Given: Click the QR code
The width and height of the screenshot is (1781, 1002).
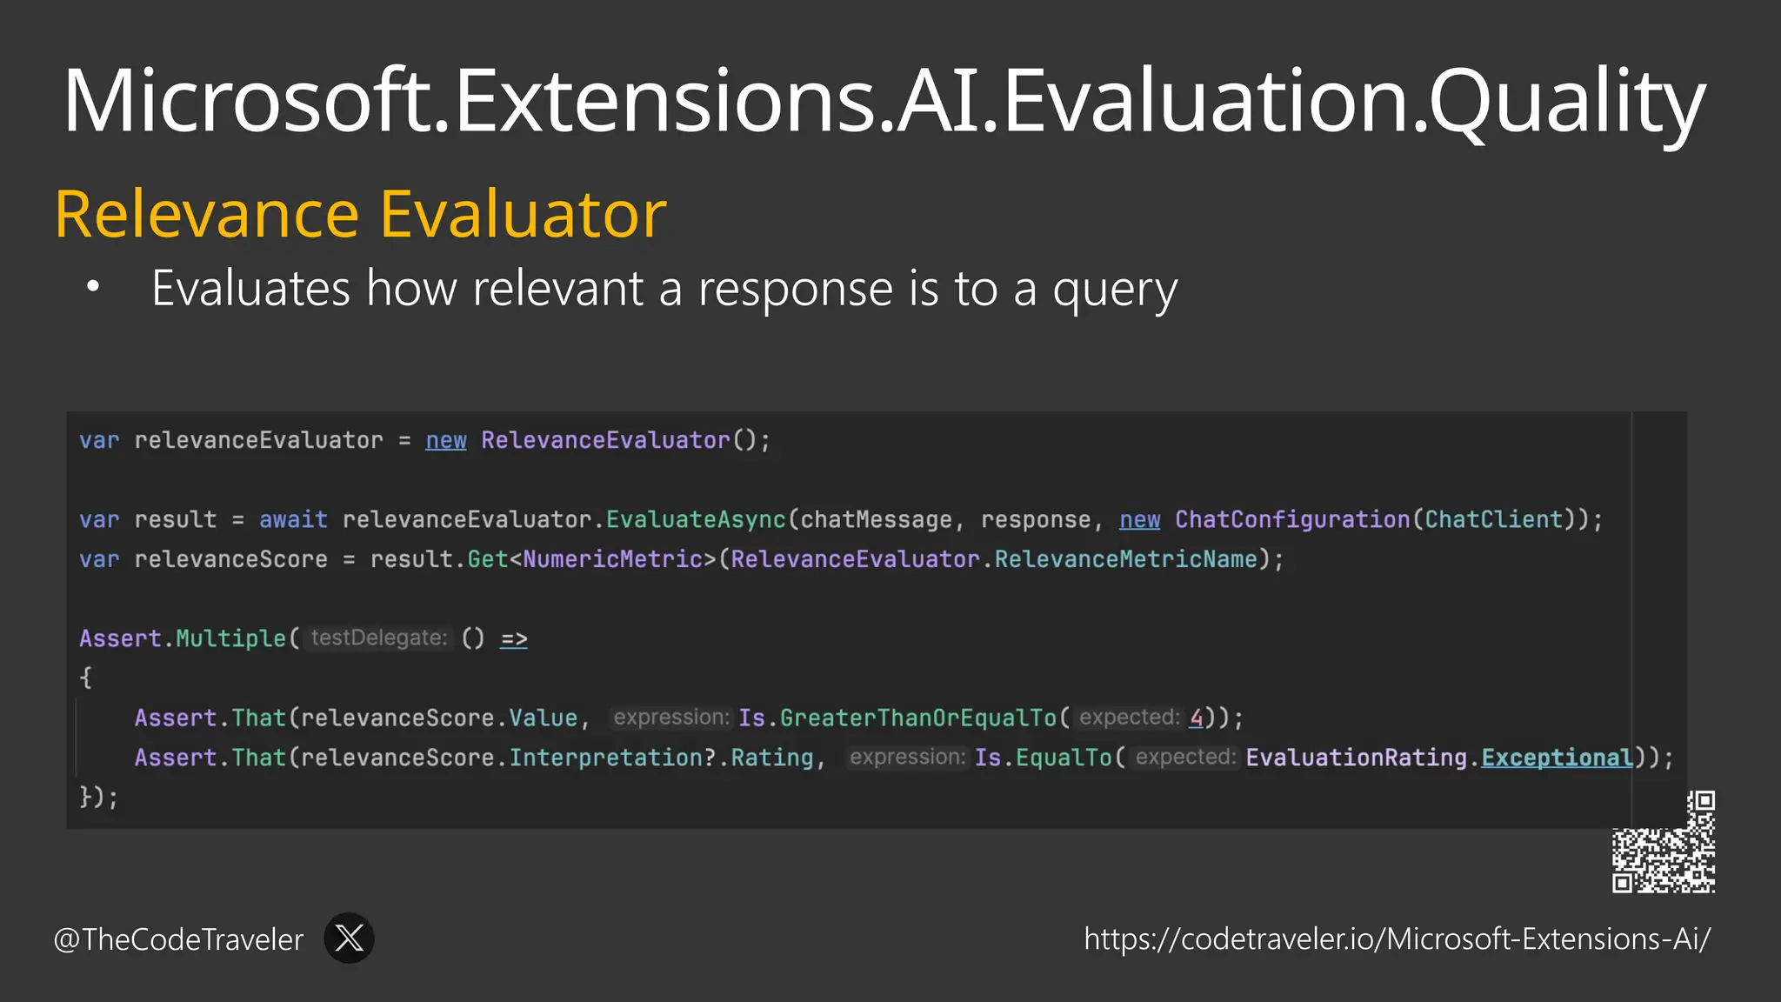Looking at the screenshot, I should [1663, 842].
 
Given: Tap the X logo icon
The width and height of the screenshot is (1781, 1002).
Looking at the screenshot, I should [349, 938].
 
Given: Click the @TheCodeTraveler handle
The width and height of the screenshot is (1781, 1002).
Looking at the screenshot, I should [178, 939].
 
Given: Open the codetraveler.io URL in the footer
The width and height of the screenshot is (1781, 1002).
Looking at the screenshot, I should [1397, 939].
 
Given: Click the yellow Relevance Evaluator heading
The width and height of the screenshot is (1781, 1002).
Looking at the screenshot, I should [360, 214].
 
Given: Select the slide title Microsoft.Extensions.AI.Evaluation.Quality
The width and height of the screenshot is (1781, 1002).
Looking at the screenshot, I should [884, 101].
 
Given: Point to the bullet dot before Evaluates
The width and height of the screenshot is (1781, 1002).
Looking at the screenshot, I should [93, 286].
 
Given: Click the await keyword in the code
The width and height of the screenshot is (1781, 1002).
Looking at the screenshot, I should [293, 519].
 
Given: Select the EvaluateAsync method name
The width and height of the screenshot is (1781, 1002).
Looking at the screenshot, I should [696, 519].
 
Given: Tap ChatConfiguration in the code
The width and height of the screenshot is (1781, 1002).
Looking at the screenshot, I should [1292, 519].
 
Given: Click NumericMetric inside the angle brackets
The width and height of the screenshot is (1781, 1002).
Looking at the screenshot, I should [612, 559].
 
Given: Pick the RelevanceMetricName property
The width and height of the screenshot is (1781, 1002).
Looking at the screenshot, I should [1126, 559].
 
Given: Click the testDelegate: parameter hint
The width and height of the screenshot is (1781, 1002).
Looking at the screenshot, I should [378, 638].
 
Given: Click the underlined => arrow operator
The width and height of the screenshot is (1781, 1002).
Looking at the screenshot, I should [514, 638].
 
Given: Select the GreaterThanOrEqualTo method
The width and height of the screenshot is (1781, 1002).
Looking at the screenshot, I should [917, 718].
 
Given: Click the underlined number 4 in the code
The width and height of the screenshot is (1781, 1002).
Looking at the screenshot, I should [1197, 718].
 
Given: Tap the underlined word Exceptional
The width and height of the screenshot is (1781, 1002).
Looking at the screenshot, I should [1557, 758].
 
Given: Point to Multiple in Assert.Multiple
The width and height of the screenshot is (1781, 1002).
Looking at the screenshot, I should [230, 638].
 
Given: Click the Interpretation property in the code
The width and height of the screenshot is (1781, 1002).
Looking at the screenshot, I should [605, 758].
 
